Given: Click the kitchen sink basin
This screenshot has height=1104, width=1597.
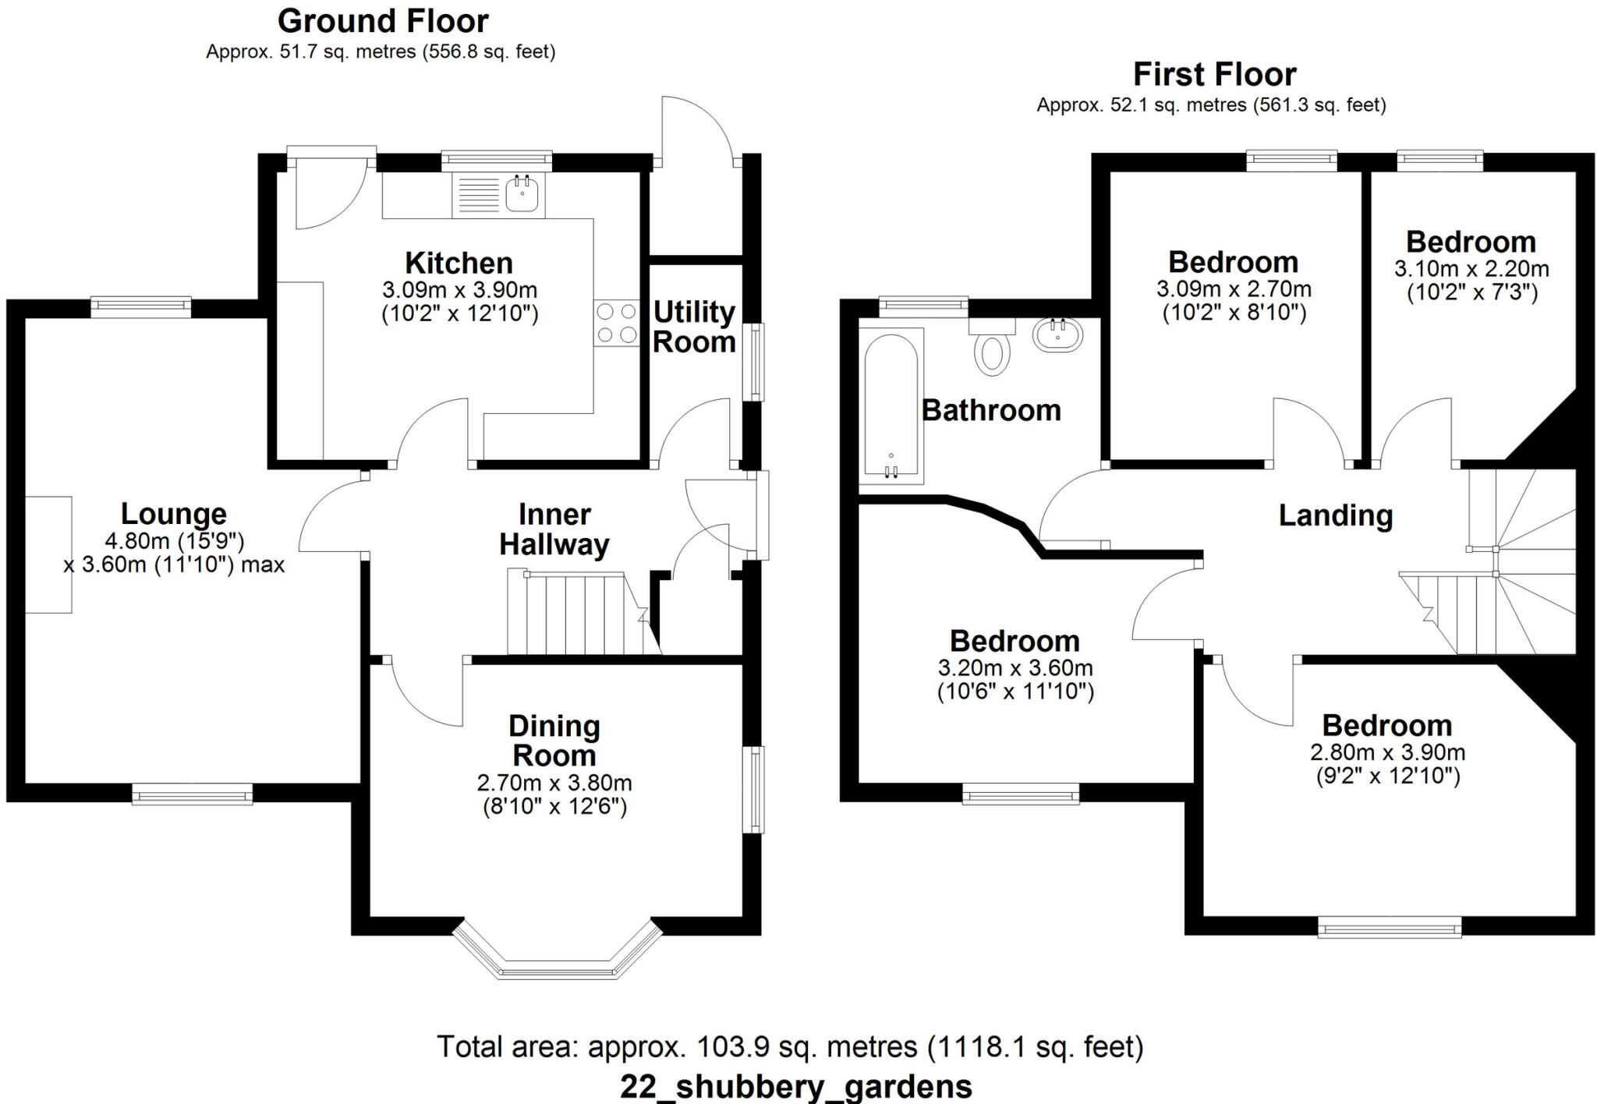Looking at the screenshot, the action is coord(522,193).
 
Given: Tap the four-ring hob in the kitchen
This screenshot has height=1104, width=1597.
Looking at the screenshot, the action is coord(616,324).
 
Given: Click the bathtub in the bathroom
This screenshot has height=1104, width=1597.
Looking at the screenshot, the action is coord(891,405).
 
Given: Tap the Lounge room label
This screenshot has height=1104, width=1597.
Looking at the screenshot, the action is coord(173,514).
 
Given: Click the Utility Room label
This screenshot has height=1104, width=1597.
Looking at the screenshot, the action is coord(694,327).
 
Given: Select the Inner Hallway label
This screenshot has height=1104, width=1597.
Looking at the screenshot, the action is coord(554,529).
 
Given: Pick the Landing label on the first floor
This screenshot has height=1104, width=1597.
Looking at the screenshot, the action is coord(1335,515).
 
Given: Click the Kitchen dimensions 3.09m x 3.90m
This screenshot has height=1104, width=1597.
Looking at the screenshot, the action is coord(459,290).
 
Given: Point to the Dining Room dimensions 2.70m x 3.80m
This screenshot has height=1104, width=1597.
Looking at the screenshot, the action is coord(554,782).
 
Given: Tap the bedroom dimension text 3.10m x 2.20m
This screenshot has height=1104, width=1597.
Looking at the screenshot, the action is coord(1471,269).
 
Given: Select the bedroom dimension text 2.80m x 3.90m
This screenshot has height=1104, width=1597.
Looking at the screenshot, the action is coord(1387,752).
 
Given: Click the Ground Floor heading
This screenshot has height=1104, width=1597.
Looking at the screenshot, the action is coord(383,21).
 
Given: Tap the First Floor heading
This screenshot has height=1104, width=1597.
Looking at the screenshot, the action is coord(1214,74).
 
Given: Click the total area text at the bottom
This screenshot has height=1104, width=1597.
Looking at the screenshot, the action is coord(789,1046).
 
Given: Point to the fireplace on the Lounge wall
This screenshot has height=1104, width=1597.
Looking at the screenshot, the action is coord(48,554).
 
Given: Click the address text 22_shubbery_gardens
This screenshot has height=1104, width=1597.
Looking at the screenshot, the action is coord(795,1086).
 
